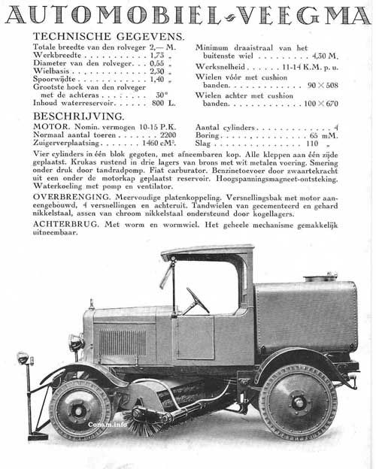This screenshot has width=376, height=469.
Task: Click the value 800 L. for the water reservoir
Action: (x=174, y=103)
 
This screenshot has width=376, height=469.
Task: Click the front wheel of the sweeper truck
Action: (x=80, y=408)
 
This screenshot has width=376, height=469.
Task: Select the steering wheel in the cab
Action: (x=198, y=300)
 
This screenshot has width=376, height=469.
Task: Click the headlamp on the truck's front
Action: (x=76, y=343)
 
